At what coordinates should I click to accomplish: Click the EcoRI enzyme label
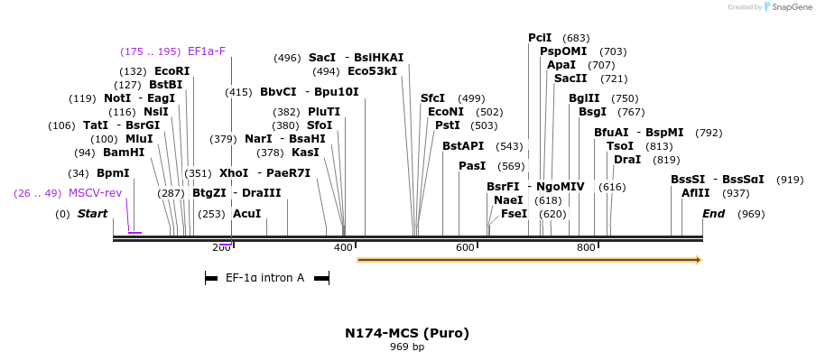point(172,71)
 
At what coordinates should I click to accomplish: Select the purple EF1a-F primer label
point(207,51)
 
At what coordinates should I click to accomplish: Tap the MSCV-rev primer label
point(95,193)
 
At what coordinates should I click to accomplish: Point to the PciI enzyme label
point(540,38)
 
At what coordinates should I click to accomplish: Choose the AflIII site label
point(696,193)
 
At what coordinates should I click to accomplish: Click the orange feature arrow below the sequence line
point(529,260)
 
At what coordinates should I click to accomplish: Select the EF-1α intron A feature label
point(264,278)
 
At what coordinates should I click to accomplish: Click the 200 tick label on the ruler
point(221,247)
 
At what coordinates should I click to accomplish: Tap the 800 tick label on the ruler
point(586,247)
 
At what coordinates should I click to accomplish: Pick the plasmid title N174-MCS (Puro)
point(407,333)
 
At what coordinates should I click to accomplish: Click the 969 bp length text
point(407,347)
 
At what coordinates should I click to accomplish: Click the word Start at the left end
point(92,214)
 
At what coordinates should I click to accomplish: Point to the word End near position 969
point(713,214)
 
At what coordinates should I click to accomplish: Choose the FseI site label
point(514,214)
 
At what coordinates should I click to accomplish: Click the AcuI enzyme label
point(246,214)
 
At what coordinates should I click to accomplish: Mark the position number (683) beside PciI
point(576,38)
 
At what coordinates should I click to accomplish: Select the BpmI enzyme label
point(113,173)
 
